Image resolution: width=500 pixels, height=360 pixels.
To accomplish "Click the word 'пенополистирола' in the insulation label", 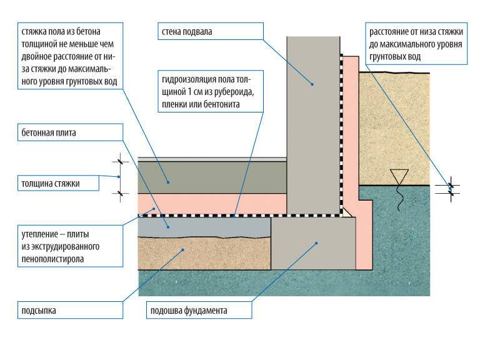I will point(52,257).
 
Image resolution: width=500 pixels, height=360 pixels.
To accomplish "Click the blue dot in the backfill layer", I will point(182,250).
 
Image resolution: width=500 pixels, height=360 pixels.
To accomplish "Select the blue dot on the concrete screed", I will point(168,181).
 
